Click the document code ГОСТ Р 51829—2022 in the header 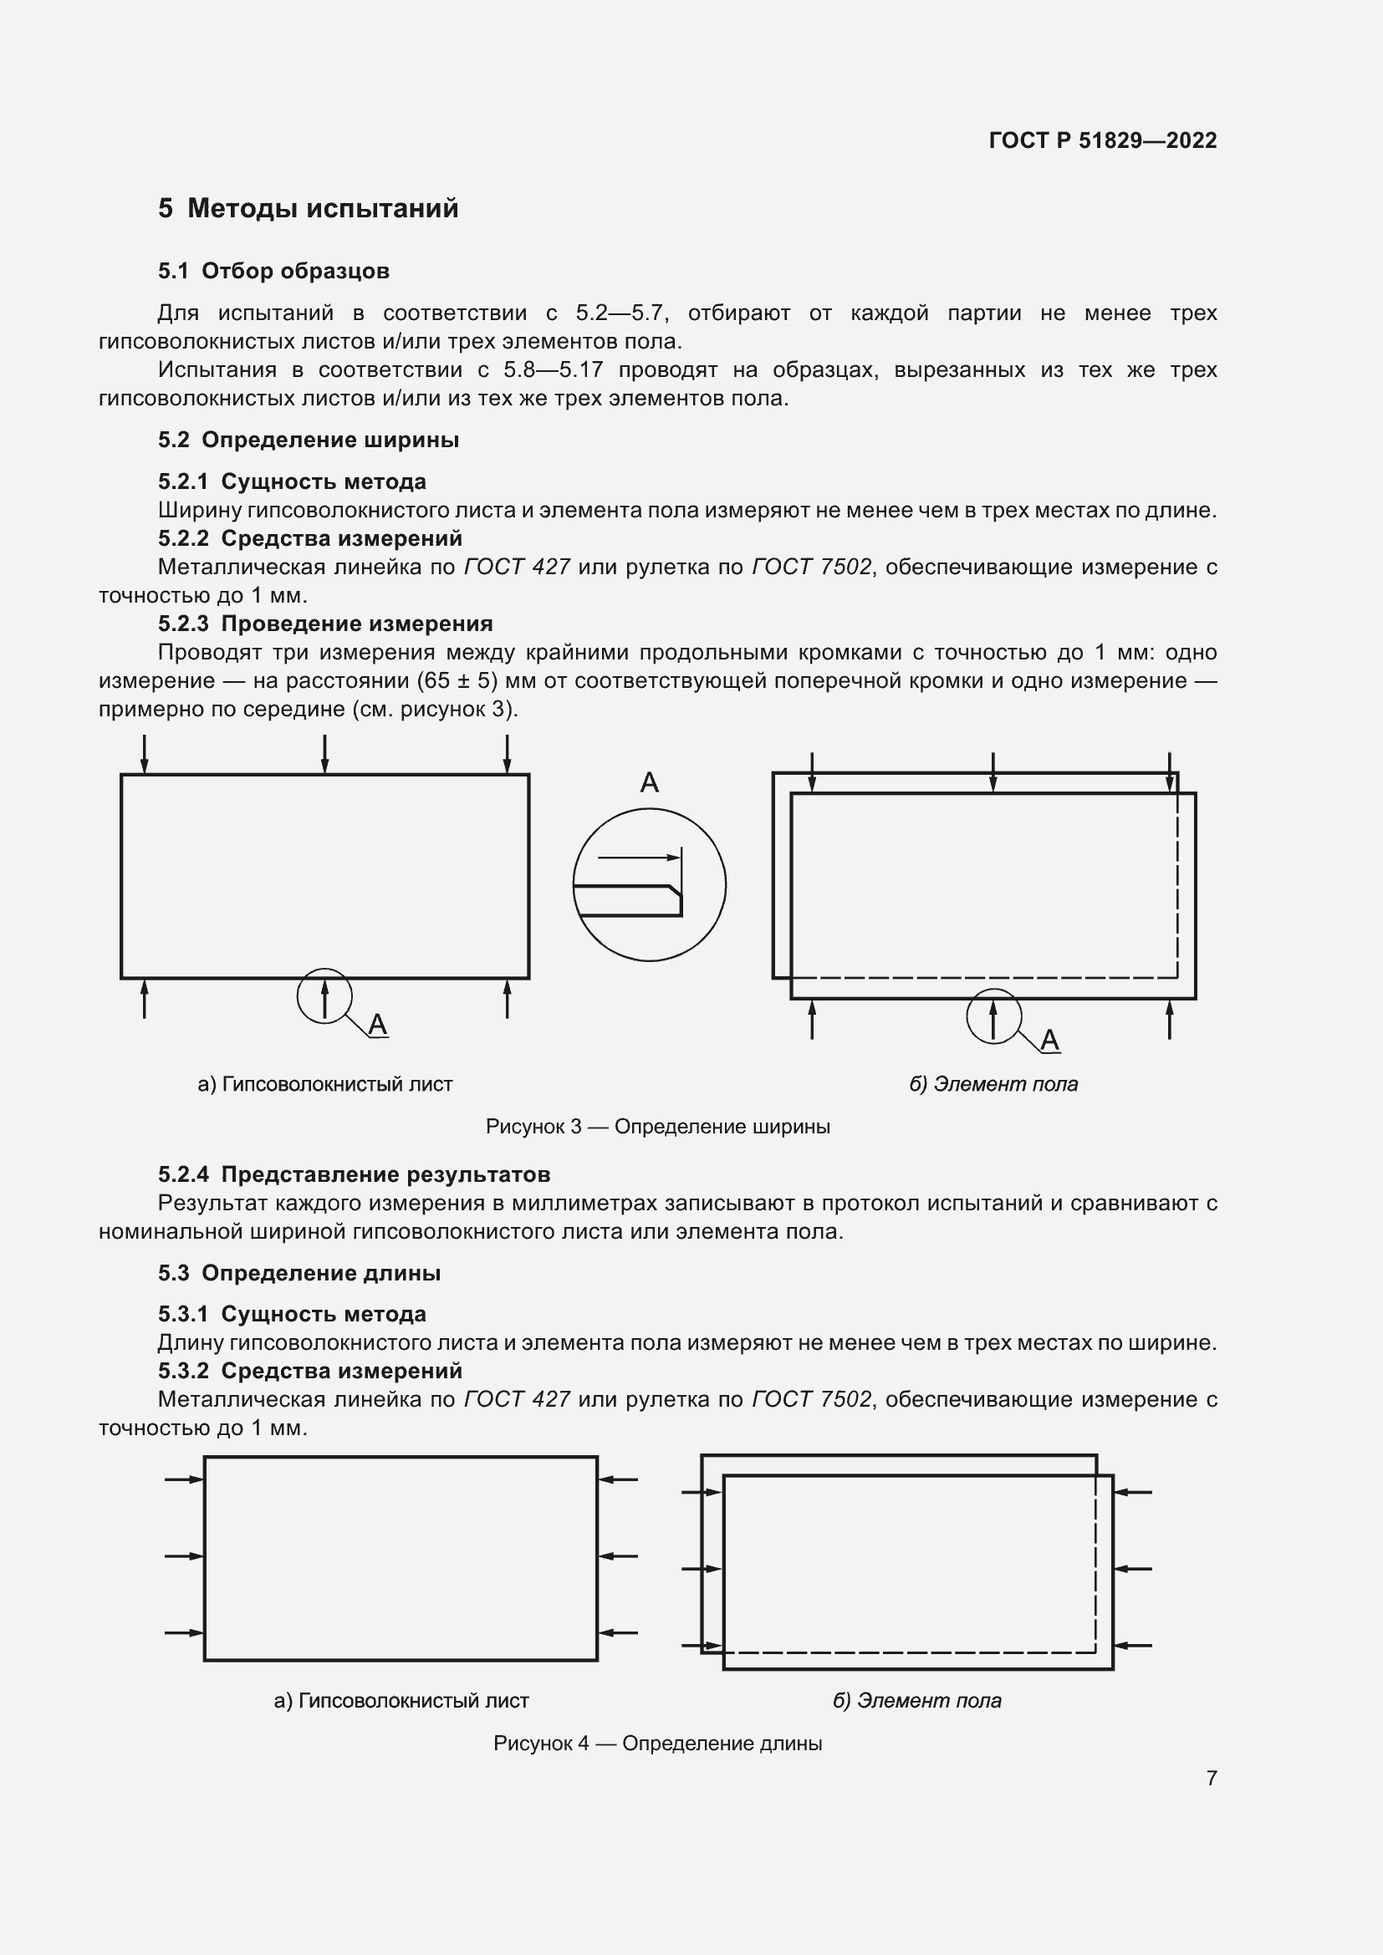coord(1102,140)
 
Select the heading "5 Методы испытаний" coord(308,209)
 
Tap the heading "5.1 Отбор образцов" coord(273,272)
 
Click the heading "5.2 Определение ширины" coord(309,440)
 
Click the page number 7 coord(1211,1778)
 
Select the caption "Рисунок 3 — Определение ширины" coord(657,1127)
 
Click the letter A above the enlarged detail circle coord(649,782)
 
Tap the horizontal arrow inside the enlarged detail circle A coord(639,857)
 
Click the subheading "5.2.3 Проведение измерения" coord(325,624)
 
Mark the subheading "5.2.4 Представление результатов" coord(354,1175)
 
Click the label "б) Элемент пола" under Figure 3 coord(993,1084)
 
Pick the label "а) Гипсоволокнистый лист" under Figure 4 coord(401,1700)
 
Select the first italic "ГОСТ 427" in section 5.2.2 coord(516,567)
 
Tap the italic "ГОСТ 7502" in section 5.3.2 coord(811,1400)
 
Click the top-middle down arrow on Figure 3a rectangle coord(324,755)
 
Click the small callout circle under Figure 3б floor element coord(993,1015)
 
